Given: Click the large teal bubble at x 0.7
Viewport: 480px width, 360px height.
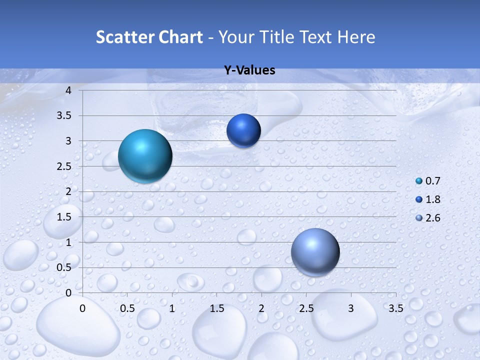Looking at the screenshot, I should pyautogui.click(x=145, y=156).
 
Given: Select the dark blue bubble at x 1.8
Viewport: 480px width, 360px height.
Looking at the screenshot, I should pyautogui.click(x=243, y=131).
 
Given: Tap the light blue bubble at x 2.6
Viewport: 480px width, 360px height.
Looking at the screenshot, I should pyautogui.click(x=315, y=252).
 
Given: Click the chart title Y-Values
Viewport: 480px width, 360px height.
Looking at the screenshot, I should pyautogui.click(x=249, y=70).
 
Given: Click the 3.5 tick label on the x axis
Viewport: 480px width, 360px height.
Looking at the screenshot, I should pyautogui.click(x=395, y=308).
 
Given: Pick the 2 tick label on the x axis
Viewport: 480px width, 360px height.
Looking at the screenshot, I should pyautogui.click(x=261, y=308).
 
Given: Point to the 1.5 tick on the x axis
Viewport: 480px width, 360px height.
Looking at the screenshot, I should pyautogui.click(x=216, y=308).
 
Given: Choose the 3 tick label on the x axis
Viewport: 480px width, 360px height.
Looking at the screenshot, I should pyautogui.click(x=351, y=308).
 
